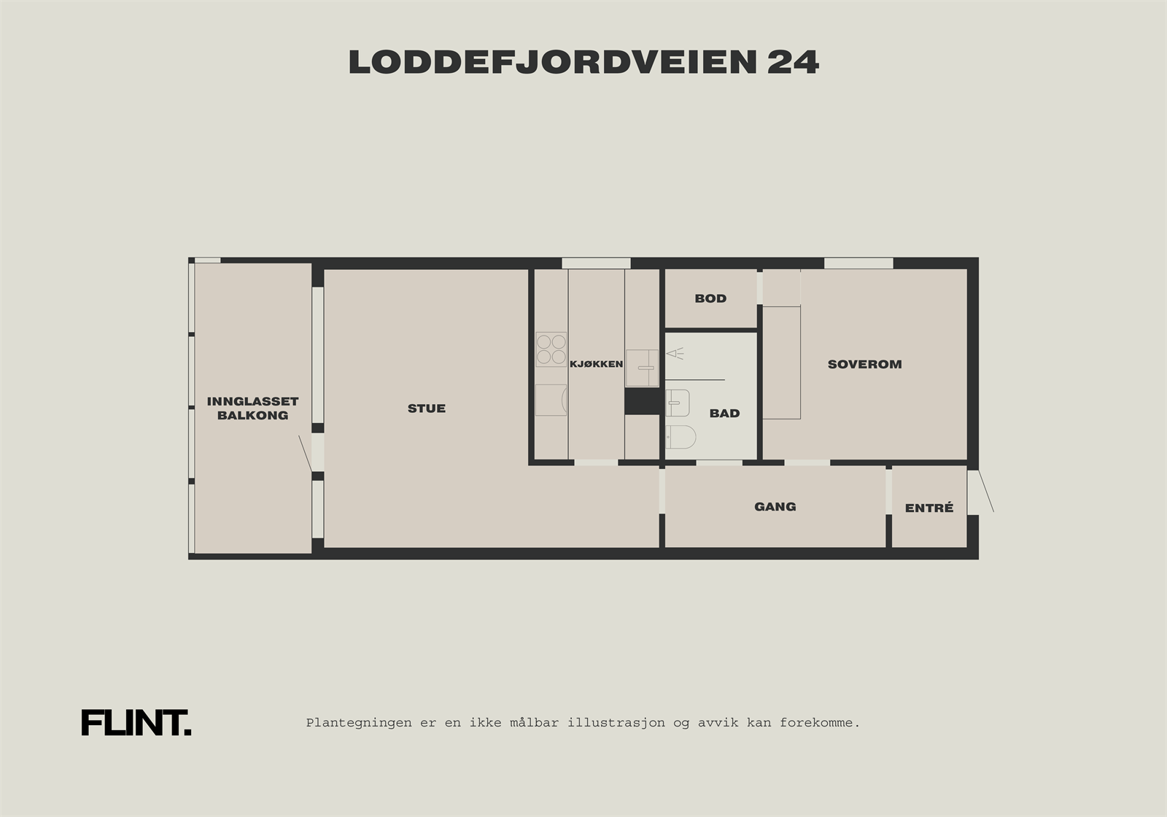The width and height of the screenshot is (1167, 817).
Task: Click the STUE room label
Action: point(427,408)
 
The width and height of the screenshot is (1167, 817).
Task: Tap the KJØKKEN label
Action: point(596,364)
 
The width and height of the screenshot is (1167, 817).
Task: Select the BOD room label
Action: point(710,298)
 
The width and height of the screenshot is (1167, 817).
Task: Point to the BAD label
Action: point(724,414)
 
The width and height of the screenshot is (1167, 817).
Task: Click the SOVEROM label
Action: point(864,364)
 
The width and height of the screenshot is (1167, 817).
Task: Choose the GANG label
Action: point(775,506)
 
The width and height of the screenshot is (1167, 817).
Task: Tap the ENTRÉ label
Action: point(928,508)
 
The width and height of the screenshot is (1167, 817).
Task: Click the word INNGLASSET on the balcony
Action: point(252,401)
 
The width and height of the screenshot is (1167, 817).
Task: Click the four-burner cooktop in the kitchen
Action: point(551,349)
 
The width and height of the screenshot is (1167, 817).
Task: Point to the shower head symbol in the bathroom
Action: point(675,354)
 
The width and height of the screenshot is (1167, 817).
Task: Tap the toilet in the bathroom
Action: point(681,438)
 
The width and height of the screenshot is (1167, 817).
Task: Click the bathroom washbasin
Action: point(678,403)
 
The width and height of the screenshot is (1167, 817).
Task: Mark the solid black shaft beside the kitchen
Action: point(642,401)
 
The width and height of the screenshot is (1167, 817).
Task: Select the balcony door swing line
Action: point(305,453)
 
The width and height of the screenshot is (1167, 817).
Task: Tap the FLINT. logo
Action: point(136,723)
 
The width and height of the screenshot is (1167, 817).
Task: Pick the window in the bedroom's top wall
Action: point(858,263)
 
